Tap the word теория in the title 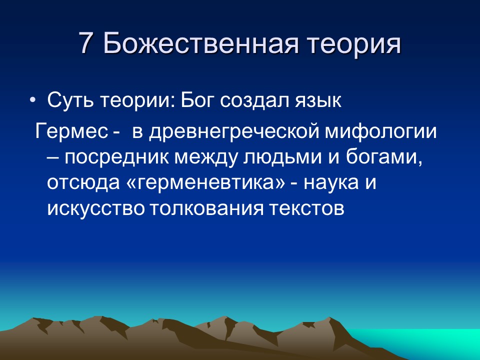click(x=348, y=44)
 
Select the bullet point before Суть click(x=33, y=100)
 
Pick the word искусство click(x=94, y=208)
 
